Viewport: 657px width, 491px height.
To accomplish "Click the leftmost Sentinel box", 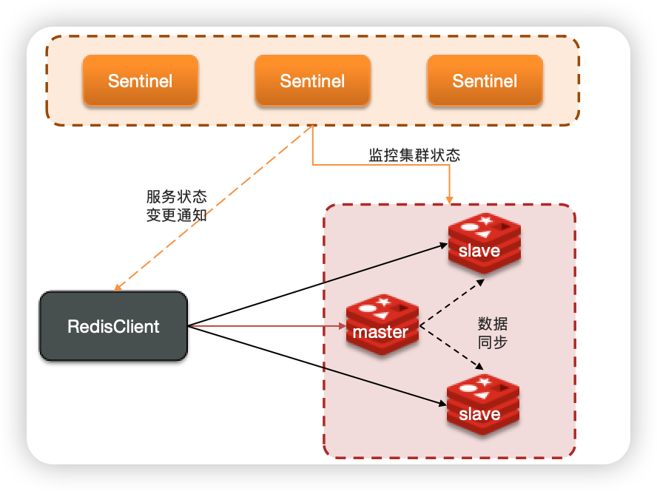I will (x=140, y=81).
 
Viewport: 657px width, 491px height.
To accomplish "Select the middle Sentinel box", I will (x=312, y=81).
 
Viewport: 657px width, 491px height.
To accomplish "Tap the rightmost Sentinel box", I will (x=485, y=81).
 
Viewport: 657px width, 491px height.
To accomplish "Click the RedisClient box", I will (x=113, y=326).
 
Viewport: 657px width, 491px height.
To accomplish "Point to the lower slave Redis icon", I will (x=482, y=405).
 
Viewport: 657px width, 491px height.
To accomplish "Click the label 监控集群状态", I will (x=414, y=155).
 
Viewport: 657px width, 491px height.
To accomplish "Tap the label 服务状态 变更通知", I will (x=176, y=206).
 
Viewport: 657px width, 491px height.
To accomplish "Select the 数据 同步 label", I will (x=493, y=333).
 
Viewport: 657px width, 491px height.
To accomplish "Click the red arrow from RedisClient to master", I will (x=266, y=325).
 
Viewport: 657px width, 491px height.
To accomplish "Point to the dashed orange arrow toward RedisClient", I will (x=215, y=207).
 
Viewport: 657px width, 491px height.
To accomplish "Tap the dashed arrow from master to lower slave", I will (x=452, y=348).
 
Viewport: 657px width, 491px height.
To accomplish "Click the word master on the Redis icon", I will (x=380, y=332).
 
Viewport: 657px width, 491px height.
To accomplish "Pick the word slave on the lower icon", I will (x=479, y=414).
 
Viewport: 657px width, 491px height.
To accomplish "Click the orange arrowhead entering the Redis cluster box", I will (x=450, y=198).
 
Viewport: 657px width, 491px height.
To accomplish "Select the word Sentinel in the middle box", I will (x=312, y=81).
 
